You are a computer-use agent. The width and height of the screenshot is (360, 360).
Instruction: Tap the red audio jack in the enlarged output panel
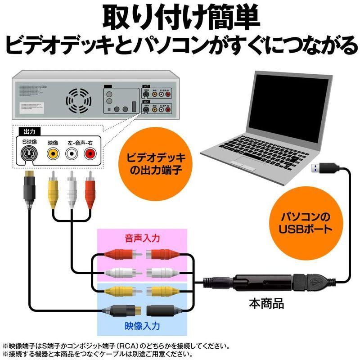pyautogui.click(x=90, y=154)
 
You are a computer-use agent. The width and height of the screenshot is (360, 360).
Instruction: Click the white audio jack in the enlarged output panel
pyautogui.click(x=72, y=154)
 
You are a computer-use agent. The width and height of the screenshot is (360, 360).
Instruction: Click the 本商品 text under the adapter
pyautogui.click(x=266, y=303)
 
